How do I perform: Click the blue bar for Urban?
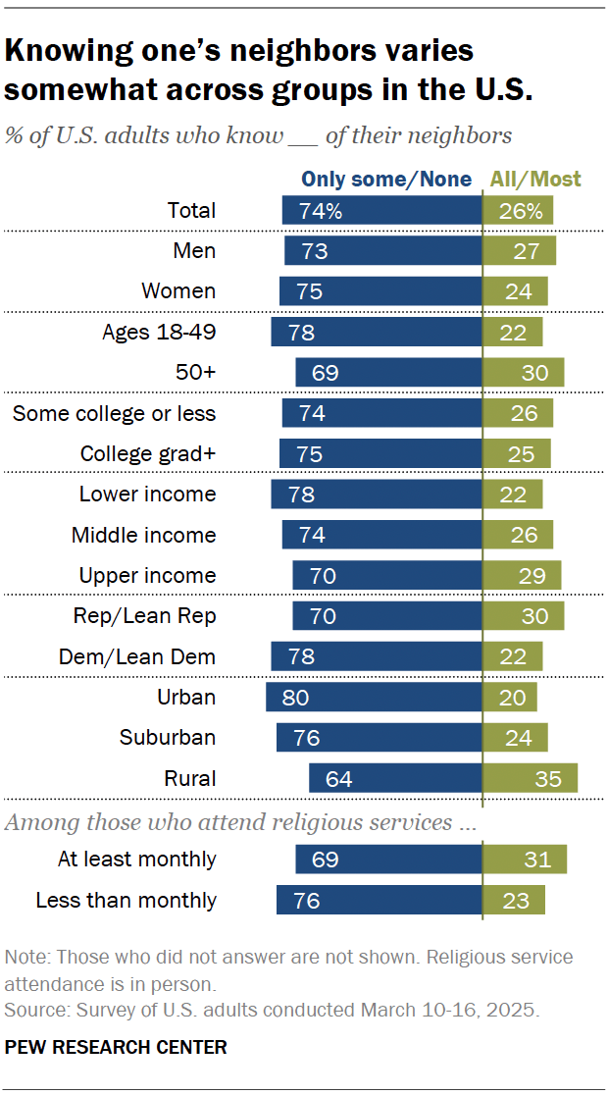point(374,698)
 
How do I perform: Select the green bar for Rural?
point(530,778)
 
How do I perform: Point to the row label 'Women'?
point(178,291)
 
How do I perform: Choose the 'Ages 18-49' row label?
point(159,332)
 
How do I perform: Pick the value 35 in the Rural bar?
point(549,779)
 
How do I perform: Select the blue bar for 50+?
point(388,373)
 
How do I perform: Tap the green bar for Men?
point(519,251)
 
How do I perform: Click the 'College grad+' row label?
point(147,454)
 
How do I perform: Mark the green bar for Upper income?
point(522,576)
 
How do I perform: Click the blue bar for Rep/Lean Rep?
point(386,616)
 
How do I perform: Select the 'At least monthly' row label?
point(136,860)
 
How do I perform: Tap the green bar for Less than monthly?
point(513,900)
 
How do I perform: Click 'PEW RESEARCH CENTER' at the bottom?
point(116,1047)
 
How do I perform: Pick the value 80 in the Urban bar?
point(295,699)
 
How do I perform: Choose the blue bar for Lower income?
point(377,495)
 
